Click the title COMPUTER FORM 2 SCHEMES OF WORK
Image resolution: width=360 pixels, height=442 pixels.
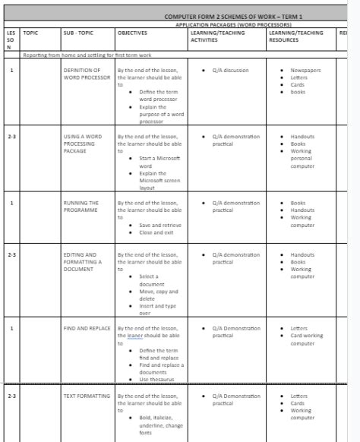click(233, 16)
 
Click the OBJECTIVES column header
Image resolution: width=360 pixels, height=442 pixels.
click(132, 33)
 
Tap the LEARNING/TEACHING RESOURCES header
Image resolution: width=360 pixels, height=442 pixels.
click(296, 36)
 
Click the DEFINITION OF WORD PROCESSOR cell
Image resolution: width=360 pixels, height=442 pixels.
click(82, 73)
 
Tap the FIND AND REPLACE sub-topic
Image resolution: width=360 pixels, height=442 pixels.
click(87, 328)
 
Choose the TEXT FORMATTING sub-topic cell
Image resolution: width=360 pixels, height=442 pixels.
click(87, 396)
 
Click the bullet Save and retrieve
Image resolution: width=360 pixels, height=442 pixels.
click(160, 225)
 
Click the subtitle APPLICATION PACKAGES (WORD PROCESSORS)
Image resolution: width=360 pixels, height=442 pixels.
click(233, 24)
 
